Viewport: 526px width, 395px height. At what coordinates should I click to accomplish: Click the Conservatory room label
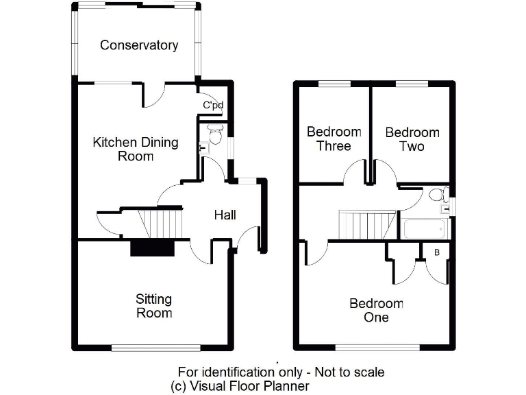[x=139, y=45]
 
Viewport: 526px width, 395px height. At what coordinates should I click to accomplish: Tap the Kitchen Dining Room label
[x=135, y=149]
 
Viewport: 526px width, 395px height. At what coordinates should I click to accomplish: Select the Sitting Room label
[x=153, y=306]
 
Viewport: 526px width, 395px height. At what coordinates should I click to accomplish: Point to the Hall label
[x=225, y=215]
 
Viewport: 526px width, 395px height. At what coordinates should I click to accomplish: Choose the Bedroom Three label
[x=334, y=139]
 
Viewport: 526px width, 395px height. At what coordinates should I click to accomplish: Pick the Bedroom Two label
[x=412, y=139]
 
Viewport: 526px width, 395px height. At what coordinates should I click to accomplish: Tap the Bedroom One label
[x=376, y=310]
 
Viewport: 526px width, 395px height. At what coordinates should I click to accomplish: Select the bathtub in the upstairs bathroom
[x=424, y=228]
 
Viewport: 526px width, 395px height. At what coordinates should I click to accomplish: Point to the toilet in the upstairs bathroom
[x=439, y=195]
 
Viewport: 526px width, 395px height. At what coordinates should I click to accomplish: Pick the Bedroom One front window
[x=376, y=347]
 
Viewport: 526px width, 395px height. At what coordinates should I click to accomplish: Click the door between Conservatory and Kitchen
[x=153, y=95]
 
